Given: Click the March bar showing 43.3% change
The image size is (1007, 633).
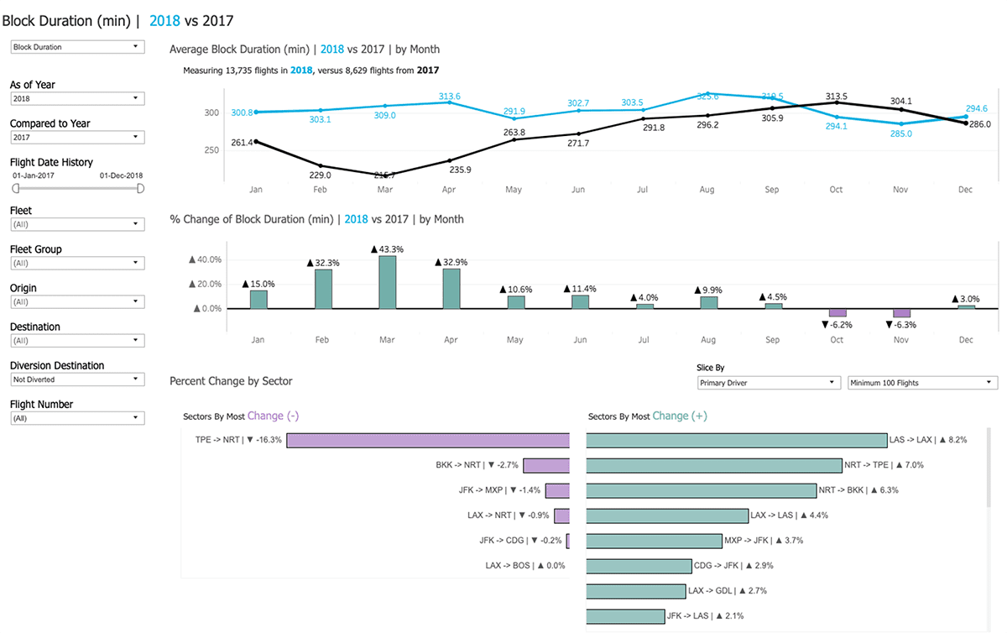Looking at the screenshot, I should click(x=387, y=282).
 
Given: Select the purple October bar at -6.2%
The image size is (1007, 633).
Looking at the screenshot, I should click(x=837, y=312).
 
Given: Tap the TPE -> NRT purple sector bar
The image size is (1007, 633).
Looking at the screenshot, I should click(x=428, y=440).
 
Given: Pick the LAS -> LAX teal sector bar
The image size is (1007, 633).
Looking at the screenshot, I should click(x=736, y=440).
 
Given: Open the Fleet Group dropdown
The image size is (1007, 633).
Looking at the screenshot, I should click(x=77, y=263).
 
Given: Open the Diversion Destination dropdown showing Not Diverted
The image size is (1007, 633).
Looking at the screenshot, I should click(x=77, y=379).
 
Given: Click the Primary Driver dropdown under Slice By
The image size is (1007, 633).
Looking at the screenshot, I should click(x=769, y=383).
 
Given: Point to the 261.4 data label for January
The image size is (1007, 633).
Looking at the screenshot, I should click(x=242, y=143).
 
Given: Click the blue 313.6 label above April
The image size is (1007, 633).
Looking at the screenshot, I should click(x=449, y=96).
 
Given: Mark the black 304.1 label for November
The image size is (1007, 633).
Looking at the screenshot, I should click(x=900, y=101).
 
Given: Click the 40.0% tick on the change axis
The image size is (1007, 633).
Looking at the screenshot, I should click(x=208, y=259).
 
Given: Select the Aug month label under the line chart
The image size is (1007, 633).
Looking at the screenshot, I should click(x=707, y=191).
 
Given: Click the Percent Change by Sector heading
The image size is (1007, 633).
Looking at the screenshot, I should click(x=231, y=381).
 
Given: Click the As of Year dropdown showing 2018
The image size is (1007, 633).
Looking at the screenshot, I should click(x=77, y=99).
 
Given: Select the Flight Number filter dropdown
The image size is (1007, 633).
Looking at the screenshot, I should click(x=77, y=418).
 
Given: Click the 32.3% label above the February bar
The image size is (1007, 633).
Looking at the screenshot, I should click(x=323, y=263).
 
